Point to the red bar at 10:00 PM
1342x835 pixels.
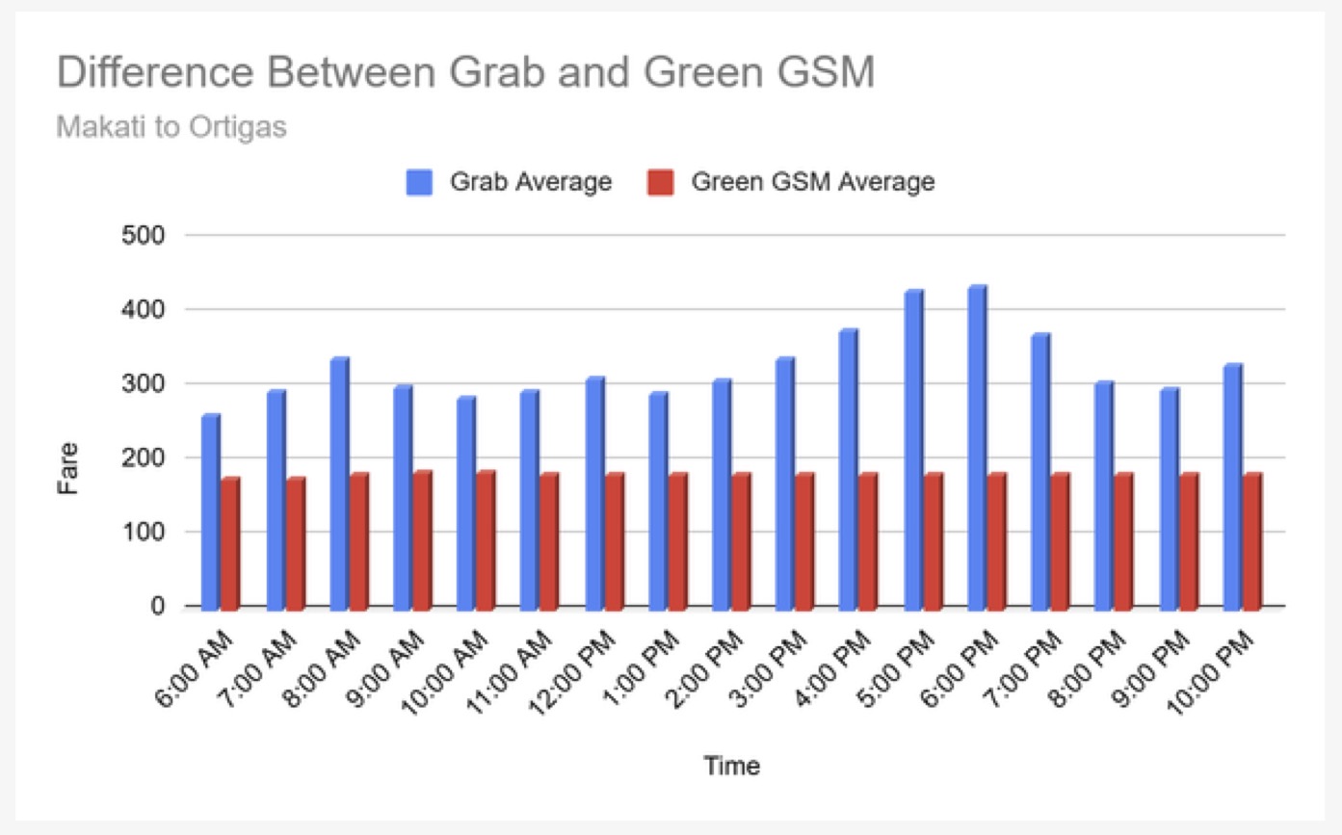coord(1251,539)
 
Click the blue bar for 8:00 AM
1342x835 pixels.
coord(338,482)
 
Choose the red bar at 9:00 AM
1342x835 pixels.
coord(422,538)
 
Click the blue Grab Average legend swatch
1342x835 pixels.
coord(420,182)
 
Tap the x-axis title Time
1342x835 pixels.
coord(731,767)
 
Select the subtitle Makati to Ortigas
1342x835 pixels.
coord(171,127)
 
